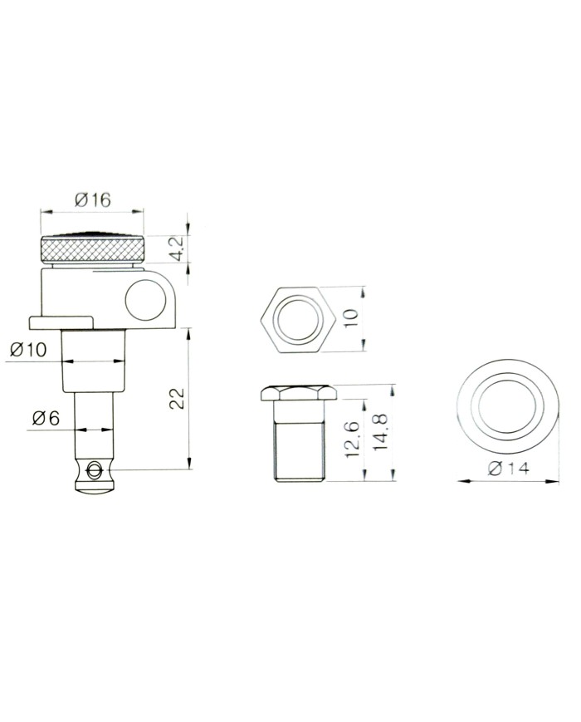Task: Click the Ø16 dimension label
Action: point(92,200)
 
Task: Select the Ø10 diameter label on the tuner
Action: point(28,350)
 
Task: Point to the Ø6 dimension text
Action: point(46,418)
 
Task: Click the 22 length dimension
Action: point(177,399)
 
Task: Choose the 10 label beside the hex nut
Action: point(350,318)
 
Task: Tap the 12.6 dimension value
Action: point(352,440)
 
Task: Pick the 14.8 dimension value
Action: point(380,432)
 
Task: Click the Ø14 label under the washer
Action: point(508,469)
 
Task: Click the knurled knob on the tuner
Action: point(92,249)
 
